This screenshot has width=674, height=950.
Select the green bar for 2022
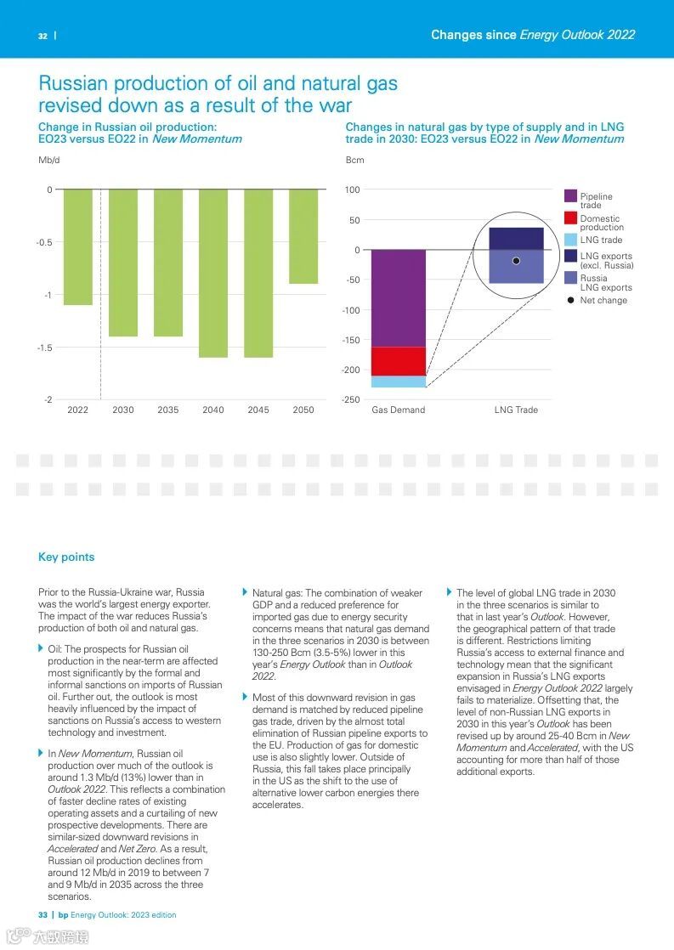[x=78, y=246]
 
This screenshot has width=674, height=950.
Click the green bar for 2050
[x=303, y=236]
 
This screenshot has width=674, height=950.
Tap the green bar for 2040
[x=213, y=273]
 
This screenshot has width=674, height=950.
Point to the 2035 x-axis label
[x=168, y=410]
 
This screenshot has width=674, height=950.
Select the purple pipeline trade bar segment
[x=399, y=298]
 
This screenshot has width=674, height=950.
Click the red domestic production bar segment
[x=399, y=361]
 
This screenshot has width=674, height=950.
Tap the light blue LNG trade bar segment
[x=399, y=382]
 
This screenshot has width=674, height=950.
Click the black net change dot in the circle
[x=516, y=261]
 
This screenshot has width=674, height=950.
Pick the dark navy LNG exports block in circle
[x=516, y=239]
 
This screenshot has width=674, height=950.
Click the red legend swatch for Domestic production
[x=571, y=218]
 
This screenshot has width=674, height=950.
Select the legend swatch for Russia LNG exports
[x=571, y=277]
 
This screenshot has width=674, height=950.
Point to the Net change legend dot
[x=571, y=300]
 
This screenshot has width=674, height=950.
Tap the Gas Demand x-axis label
[x=398, y=410]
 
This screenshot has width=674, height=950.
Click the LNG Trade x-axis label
[x=516, y=410]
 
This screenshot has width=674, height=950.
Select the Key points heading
[x=66, y=557]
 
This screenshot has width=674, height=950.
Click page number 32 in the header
[x=42, y=36]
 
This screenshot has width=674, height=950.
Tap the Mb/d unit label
[x=49, y=160]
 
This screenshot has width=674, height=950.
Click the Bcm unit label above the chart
[x=354, y=160]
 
